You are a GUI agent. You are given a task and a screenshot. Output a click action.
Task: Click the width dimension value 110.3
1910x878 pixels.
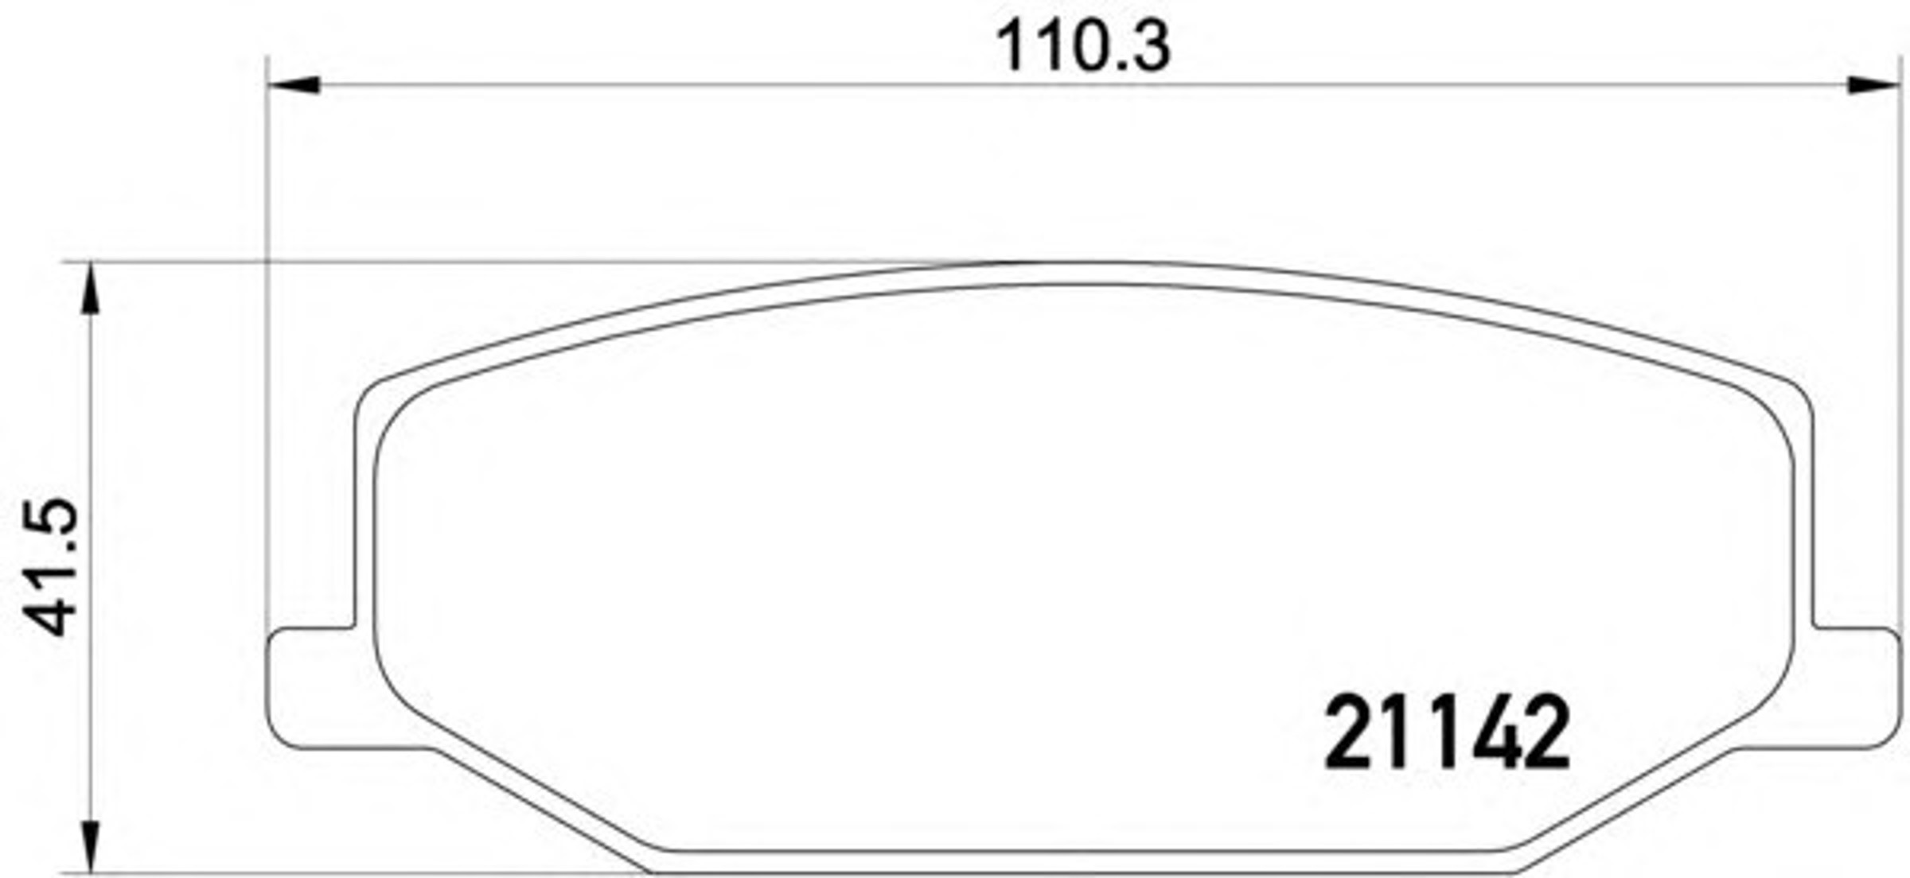pyautogui.click(x=1083, y=47)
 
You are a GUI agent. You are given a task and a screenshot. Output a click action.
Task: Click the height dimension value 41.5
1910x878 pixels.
pyautogui.click(x=49, y=567)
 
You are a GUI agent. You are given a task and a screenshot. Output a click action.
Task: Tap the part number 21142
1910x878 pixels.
pyautogui.click(x=1446, y=733)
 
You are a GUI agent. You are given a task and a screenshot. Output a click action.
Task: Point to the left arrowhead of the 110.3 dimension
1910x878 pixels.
pyautogui.click(x=294, y=84)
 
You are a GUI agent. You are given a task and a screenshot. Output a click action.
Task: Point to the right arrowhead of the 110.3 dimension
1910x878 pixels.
pyautogui.click(x=1873, y=84)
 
